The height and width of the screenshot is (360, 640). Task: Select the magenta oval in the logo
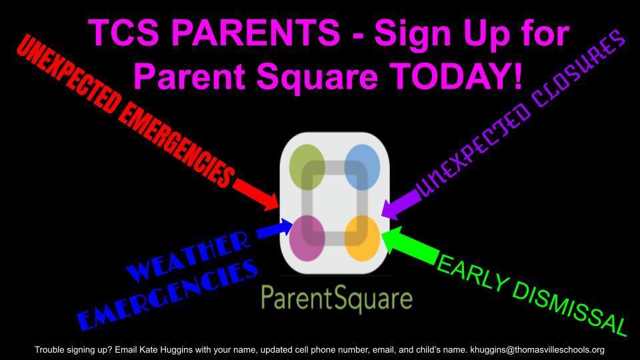[308, 237]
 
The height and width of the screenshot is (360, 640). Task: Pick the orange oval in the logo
[362, 237]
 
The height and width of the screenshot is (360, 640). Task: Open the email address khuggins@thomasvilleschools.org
[537, 349]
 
